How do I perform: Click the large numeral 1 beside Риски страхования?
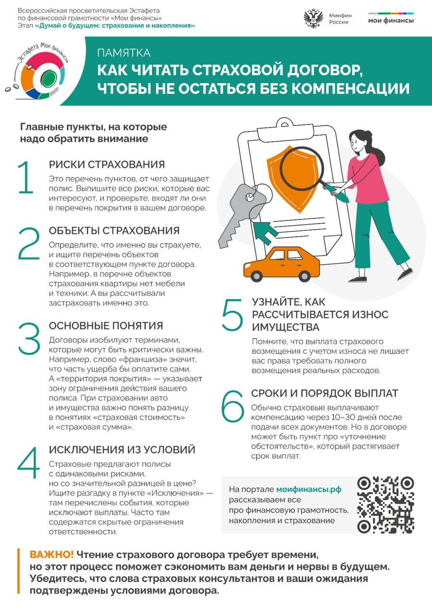coord(25,177)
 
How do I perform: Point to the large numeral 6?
coord(233,406)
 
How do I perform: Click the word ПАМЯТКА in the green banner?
coord(124,53)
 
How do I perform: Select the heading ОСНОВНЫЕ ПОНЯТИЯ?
coord(106,326)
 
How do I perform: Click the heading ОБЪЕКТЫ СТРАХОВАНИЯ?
coord(114,231)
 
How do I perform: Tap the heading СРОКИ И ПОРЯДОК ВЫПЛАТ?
coord(325,393)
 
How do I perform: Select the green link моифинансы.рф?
coord(309,489)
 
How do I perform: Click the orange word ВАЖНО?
coord(51,555)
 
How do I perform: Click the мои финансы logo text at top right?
coord(391,21)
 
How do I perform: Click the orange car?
coord(282,264)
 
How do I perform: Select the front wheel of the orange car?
coord(257,275)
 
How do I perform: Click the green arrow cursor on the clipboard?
coord(265,231)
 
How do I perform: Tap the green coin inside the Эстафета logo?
coord(49,80)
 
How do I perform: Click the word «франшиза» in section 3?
coord(143,359)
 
